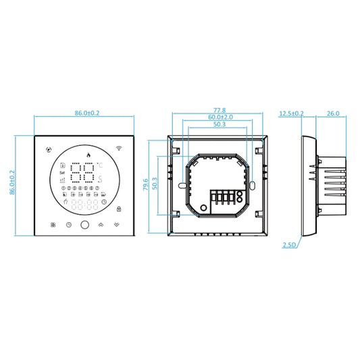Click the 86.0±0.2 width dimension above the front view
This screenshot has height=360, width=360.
pos(84,114)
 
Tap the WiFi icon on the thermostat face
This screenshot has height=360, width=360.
pos(120,148)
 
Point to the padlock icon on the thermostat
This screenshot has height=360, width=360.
pos(120,208)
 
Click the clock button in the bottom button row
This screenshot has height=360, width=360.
pos(68,225)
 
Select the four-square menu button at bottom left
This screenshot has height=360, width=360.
pos(52,225)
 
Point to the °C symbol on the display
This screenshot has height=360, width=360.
pos(99,165)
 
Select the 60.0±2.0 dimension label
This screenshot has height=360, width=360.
pos(219,116)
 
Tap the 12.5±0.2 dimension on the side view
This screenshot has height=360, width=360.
pos(291,113)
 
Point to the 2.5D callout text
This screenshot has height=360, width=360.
pos(290,247)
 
